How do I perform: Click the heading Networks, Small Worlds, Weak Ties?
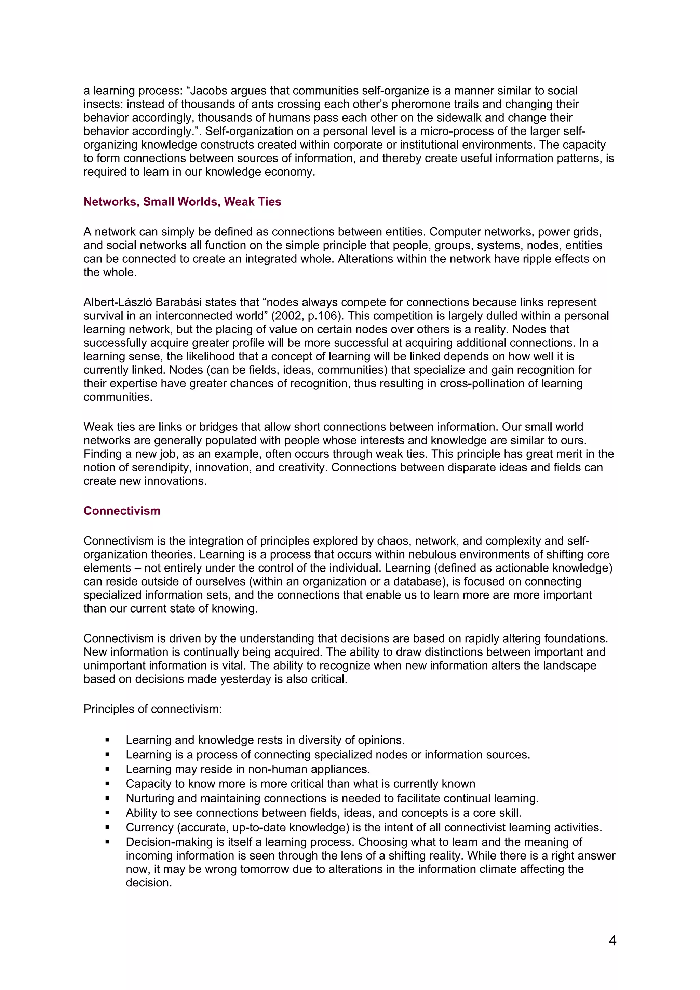tap(182, 202)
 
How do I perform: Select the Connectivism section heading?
tap(122, 511)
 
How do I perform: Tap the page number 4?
tap(612, 940)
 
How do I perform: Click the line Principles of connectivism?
tap(153, 709)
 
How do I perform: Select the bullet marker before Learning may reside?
tap(107, 769)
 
